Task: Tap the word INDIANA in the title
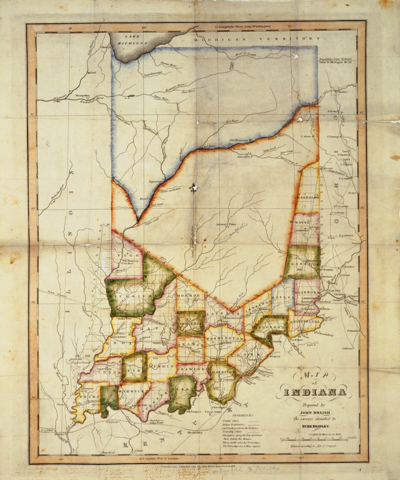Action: (x=314, y=392)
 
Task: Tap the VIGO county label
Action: (x=127, y=255)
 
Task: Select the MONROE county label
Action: (x=189, y=296)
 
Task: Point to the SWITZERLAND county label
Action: (x=305, y=322)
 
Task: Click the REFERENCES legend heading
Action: (x=243, y=415)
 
